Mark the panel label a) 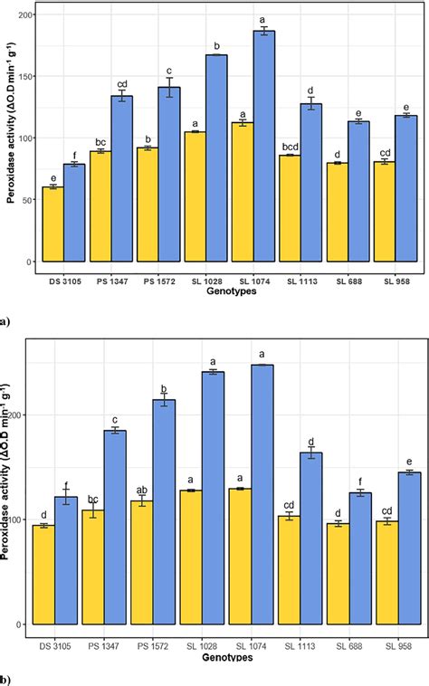pyautogui.click(x=6, y=319)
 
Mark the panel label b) pyautogui.click(x=6, y=678)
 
